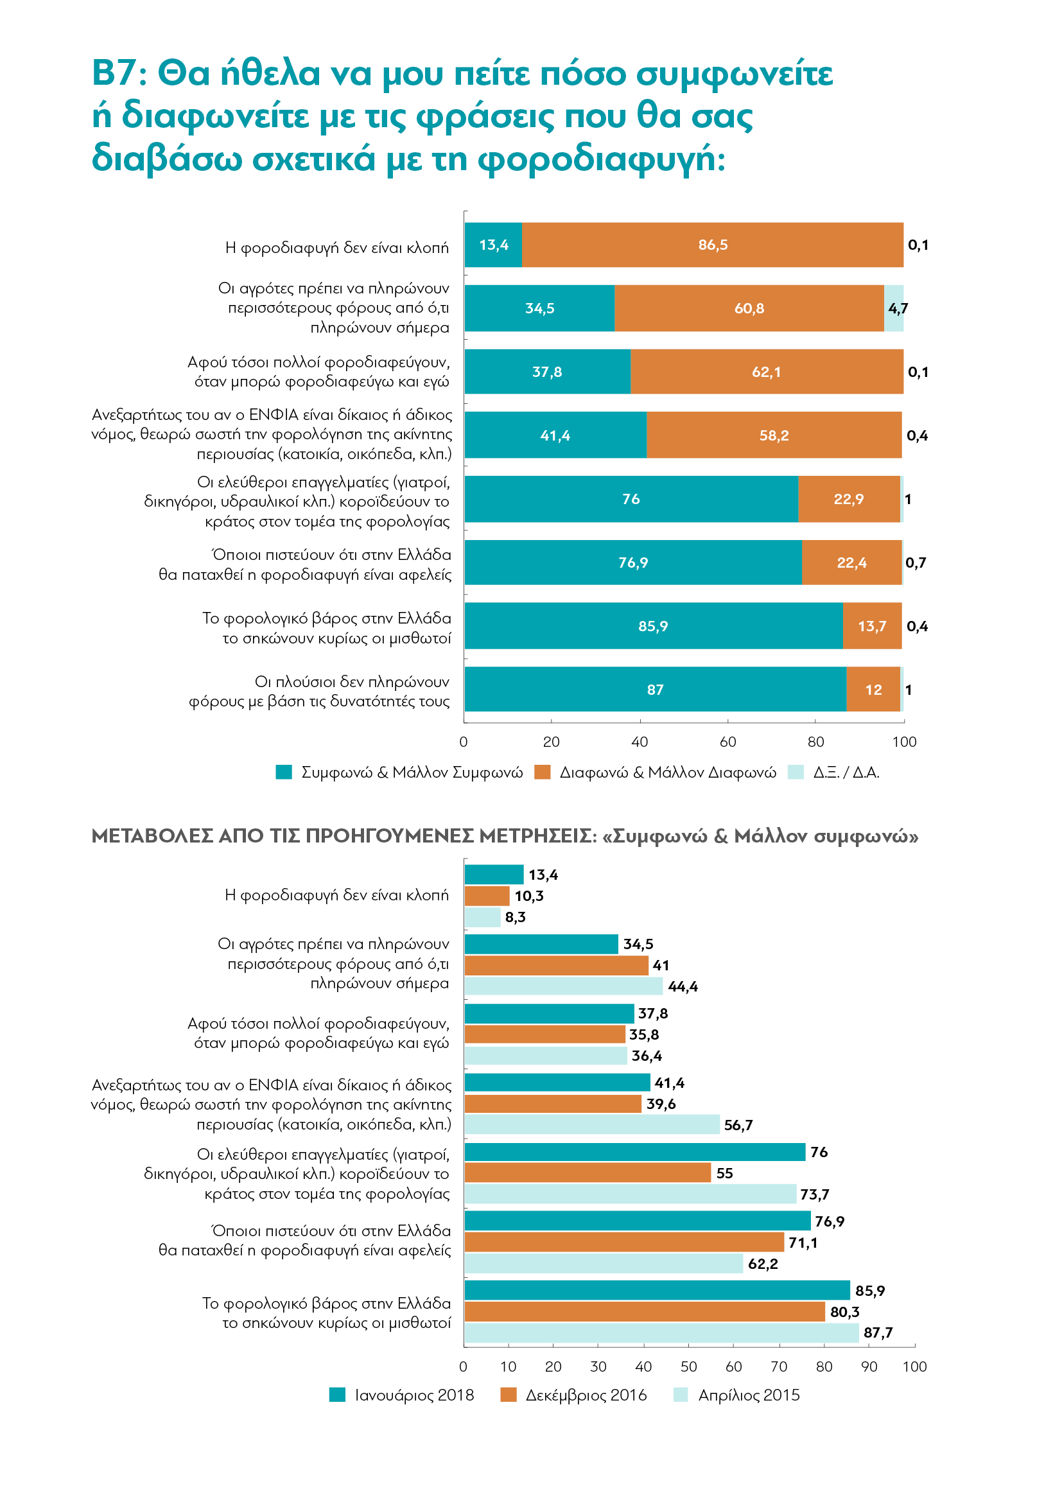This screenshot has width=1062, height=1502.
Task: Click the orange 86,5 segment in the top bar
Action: point(712,245)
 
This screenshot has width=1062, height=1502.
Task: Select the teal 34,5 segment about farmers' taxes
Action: point(539,308)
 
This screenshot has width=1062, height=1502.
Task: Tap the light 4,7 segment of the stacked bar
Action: point(894,308)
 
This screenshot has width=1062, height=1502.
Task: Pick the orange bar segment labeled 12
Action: point(873,689)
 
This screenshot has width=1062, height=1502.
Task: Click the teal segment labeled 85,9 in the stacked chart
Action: point(654,626)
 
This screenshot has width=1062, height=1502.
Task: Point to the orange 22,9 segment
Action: point(849,499)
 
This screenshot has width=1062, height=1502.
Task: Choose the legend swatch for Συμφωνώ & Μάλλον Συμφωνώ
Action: point(284,772)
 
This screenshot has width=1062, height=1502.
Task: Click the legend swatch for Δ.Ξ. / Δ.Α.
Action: point(796,772)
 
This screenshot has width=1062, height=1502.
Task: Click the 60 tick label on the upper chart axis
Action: point(728,742)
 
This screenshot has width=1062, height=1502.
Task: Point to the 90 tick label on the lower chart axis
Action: point(869,1367)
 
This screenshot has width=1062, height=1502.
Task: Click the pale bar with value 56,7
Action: point(593,1124)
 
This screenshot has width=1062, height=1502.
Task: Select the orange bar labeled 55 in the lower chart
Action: point(588,1173)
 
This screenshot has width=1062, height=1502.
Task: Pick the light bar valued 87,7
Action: point(662,1333)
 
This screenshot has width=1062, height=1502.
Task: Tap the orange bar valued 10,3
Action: point(487,896)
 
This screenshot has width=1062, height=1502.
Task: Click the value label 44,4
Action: point(683,986)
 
